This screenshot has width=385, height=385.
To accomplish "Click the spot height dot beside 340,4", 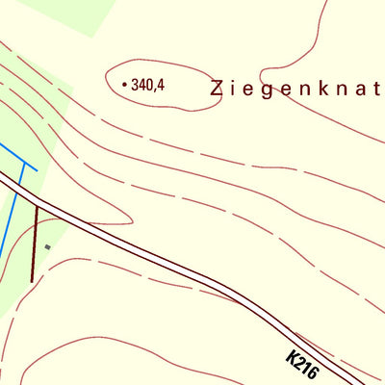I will point(124,85).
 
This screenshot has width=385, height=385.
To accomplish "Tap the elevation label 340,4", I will point(148,85).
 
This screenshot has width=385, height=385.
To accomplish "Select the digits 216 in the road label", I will point(306,368).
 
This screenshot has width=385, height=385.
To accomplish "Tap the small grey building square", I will point(46,246).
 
